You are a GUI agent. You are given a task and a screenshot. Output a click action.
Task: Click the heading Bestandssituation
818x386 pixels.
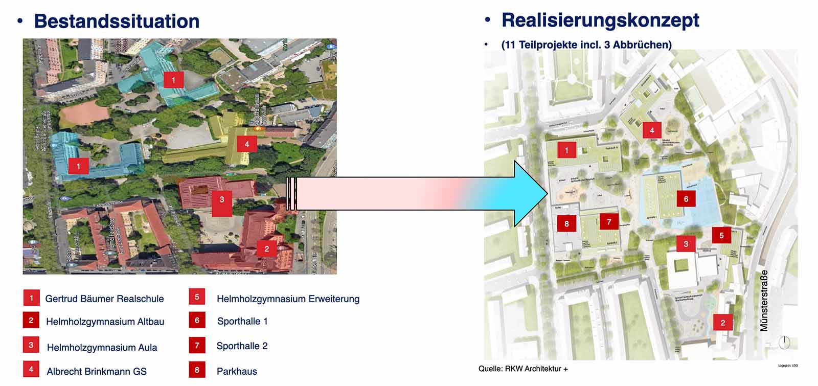coord(117,21)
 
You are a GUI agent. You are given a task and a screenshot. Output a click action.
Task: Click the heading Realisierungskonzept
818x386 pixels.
coord(600,20)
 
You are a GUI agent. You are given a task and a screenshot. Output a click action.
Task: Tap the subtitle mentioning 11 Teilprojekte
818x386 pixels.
coord(586,44)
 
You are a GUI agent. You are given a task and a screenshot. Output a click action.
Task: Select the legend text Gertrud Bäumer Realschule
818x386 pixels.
coord(104,299)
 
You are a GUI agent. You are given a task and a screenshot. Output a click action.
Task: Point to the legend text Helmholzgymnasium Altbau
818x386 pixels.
coord(105,322)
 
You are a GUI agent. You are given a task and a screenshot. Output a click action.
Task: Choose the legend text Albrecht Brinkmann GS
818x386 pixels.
coord(97,372)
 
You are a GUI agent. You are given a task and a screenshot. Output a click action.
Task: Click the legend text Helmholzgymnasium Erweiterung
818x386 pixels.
coord(288,299)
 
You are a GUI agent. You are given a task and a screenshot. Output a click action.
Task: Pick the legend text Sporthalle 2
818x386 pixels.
coord(242,346)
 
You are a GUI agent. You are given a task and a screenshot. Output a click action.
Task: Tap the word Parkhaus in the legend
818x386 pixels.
coord(237,372)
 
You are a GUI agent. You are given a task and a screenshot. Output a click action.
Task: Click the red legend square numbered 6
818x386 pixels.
coord(197,321)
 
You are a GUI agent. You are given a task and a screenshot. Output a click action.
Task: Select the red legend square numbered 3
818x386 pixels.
coord(31,345)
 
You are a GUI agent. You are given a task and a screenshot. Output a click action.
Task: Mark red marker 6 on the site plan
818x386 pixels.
coord(686,199)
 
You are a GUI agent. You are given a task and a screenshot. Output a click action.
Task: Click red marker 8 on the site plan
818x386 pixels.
coord(566,223)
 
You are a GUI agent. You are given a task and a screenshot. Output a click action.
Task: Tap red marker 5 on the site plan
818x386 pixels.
coord(721,235)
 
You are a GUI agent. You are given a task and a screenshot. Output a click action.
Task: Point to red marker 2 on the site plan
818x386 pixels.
coord(722,323)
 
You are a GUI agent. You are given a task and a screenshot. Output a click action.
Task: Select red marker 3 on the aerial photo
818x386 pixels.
coord(222,199)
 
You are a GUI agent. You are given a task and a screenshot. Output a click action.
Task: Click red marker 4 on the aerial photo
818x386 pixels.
coord(247,144)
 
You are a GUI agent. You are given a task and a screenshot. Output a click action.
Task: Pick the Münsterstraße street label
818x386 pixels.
coord(764,301)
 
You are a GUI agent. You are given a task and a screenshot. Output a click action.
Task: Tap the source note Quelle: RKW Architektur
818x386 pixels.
coord(523,369)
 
